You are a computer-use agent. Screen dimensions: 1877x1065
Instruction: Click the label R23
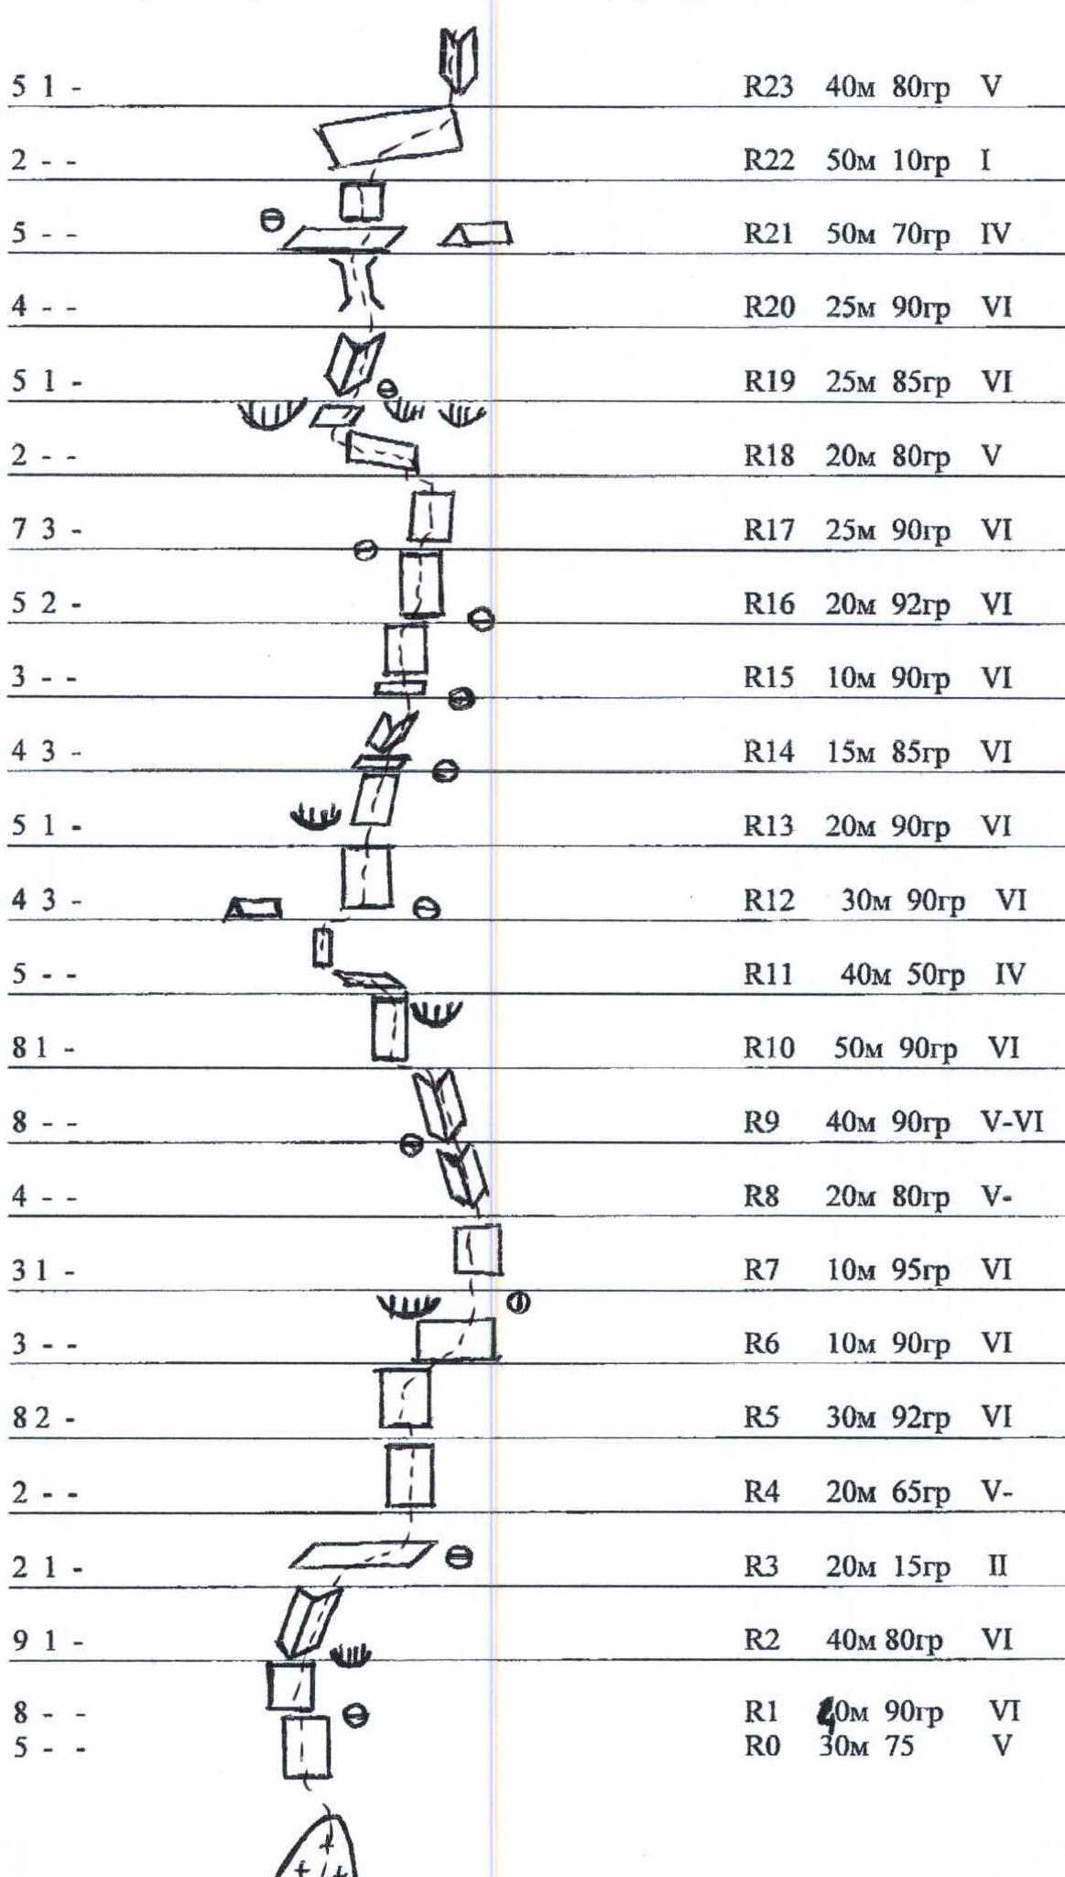pos(767,87)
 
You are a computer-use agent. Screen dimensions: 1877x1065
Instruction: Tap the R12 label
pos(767,901)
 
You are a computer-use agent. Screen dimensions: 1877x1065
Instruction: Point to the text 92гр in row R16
pos(921,605)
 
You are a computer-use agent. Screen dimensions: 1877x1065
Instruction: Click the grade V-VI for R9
pos(1009,1122)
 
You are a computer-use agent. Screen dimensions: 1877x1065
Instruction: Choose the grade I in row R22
pos(985,161)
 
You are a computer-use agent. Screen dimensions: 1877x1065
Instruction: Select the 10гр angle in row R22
pos(921,162)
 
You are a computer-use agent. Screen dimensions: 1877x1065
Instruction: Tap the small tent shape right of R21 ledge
pos(476,235)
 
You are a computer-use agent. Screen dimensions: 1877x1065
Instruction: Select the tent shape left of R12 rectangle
pos(254,908)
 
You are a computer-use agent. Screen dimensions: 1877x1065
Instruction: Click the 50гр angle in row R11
pos(936,976)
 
